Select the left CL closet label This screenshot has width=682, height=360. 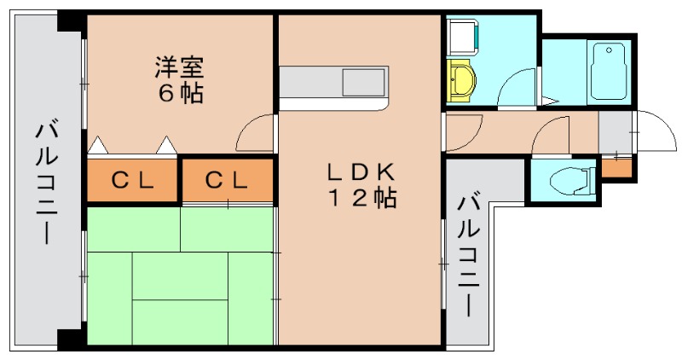(x=132, y=180)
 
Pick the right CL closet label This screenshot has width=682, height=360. (x=227, y=180)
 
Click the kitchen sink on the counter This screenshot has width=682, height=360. (x=364, y=84)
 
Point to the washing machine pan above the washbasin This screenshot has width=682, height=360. (x=463, y=37)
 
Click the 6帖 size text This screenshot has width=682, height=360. (x=180, y=93)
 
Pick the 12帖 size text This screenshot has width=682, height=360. (x=362, y=199)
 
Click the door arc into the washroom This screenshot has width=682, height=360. (x=517, y=88)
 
